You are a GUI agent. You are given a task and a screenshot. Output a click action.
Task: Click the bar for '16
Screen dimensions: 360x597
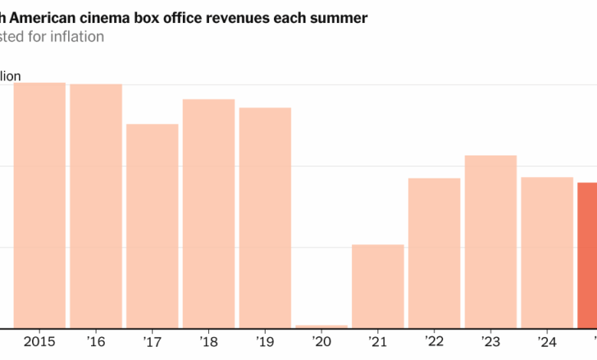pos(96,206)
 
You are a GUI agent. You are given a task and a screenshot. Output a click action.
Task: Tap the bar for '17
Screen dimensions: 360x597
pos(152,226)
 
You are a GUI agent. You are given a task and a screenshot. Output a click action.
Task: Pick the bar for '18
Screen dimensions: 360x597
pos(209,214)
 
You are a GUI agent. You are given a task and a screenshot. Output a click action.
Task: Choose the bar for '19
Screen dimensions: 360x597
pos(265,218)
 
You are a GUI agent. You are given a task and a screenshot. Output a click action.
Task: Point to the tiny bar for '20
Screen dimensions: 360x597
pos(321,326)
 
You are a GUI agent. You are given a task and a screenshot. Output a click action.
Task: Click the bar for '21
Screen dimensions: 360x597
pos(378,286)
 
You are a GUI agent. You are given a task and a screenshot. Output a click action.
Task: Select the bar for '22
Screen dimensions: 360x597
pos(434,253)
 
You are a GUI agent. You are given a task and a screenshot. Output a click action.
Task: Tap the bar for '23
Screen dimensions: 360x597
pos(491,241)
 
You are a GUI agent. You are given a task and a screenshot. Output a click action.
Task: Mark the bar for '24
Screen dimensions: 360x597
pos(547,253)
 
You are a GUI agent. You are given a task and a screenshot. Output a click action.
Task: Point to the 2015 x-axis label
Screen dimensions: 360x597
pos(40,340)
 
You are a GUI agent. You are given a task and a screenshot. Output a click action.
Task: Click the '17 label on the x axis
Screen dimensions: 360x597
pos(152,340)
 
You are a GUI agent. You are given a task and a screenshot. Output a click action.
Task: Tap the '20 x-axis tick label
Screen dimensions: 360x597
pos(321,340)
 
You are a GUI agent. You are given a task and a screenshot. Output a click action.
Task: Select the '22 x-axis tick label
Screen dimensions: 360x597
pos(434,340)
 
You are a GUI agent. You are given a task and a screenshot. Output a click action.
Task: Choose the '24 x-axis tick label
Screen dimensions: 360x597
pos(547,340)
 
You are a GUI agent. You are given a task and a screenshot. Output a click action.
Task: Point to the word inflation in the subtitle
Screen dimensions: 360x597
pos(76,37)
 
